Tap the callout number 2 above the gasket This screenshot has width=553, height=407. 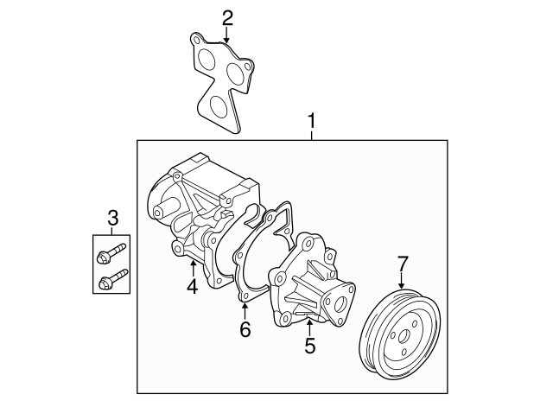[226, 17]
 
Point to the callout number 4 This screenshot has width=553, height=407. [193, 286]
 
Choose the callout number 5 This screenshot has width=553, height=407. [309, 347]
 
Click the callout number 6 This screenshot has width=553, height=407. [245, 328]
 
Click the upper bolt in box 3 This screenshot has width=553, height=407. [111, 254]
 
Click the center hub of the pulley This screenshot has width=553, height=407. [403, 336]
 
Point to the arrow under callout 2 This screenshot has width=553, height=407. [226, 36]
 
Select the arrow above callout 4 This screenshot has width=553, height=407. [193, 264]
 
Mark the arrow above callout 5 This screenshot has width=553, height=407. [309, 324]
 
